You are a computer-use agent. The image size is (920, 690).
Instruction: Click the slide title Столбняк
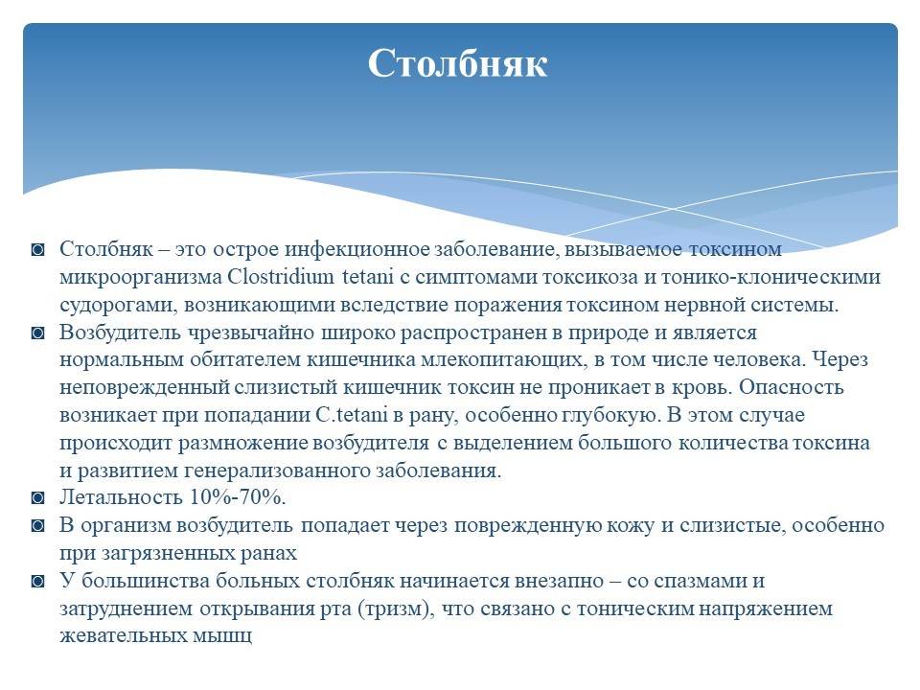(458, 63)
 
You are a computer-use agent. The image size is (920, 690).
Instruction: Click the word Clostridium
(280, 276)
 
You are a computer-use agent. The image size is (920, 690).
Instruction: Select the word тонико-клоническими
(770, 276)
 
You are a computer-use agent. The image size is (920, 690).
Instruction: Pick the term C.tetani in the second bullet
(352, 415)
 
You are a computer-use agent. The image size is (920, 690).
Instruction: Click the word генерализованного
(276, 471)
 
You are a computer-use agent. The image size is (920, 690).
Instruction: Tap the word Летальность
(121, 497)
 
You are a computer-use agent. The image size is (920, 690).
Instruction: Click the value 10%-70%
(237, 497)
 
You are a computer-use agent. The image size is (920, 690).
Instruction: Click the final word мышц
(221, 636)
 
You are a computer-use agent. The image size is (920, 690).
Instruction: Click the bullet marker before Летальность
(38, 498)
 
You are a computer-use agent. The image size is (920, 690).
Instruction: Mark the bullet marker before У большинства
(38, 582)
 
